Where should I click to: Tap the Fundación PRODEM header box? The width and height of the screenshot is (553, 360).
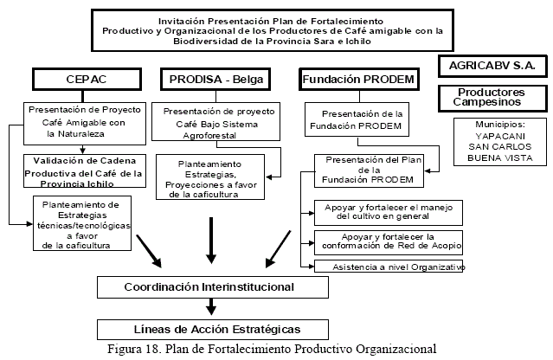(357, 80)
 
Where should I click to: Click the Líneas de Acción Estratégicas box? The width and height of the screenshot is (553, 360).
(210, 329)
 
